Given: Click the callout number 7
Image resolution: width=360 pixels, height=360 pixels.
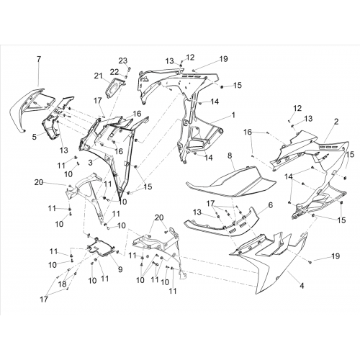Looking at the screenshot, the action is [39, 59].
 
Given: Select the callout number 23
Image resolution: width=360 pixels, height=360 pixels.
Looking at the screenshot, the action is [122, 60].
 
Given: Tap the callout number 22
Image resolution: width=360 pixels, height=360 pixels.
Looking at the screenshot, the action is [114, 71].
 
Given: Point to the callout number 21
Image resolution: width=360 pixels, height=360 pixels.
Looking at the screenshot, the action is [98, 76].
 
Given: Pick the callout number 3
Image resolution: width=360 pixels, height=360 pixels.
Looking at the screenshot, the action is [90, 163].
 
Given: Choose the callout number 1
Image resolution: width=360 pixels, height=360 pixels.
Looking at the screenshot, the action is [233, 115].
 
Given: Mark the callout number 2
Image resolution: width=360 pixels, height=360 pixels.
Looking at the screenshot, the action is [336, 122].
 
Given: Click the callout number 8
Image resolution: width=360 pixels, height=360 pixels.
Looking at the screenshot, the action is [230, 156].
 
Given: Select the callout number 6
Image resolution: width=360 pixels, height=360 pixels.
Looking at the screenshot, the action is [270, 205].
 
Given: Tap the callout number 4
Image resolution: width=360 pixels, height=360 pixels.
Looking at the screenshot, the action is [302, 286].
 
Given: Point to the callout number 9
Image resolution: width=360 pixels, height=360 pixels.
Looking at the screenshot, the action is [120, 269].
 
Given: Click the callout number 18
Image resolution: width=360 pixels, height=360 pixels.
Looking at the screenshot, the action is [62, 284].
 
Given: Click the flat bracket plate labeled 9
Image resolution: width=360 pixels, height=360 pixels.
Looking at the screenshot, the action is [101, 247].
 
